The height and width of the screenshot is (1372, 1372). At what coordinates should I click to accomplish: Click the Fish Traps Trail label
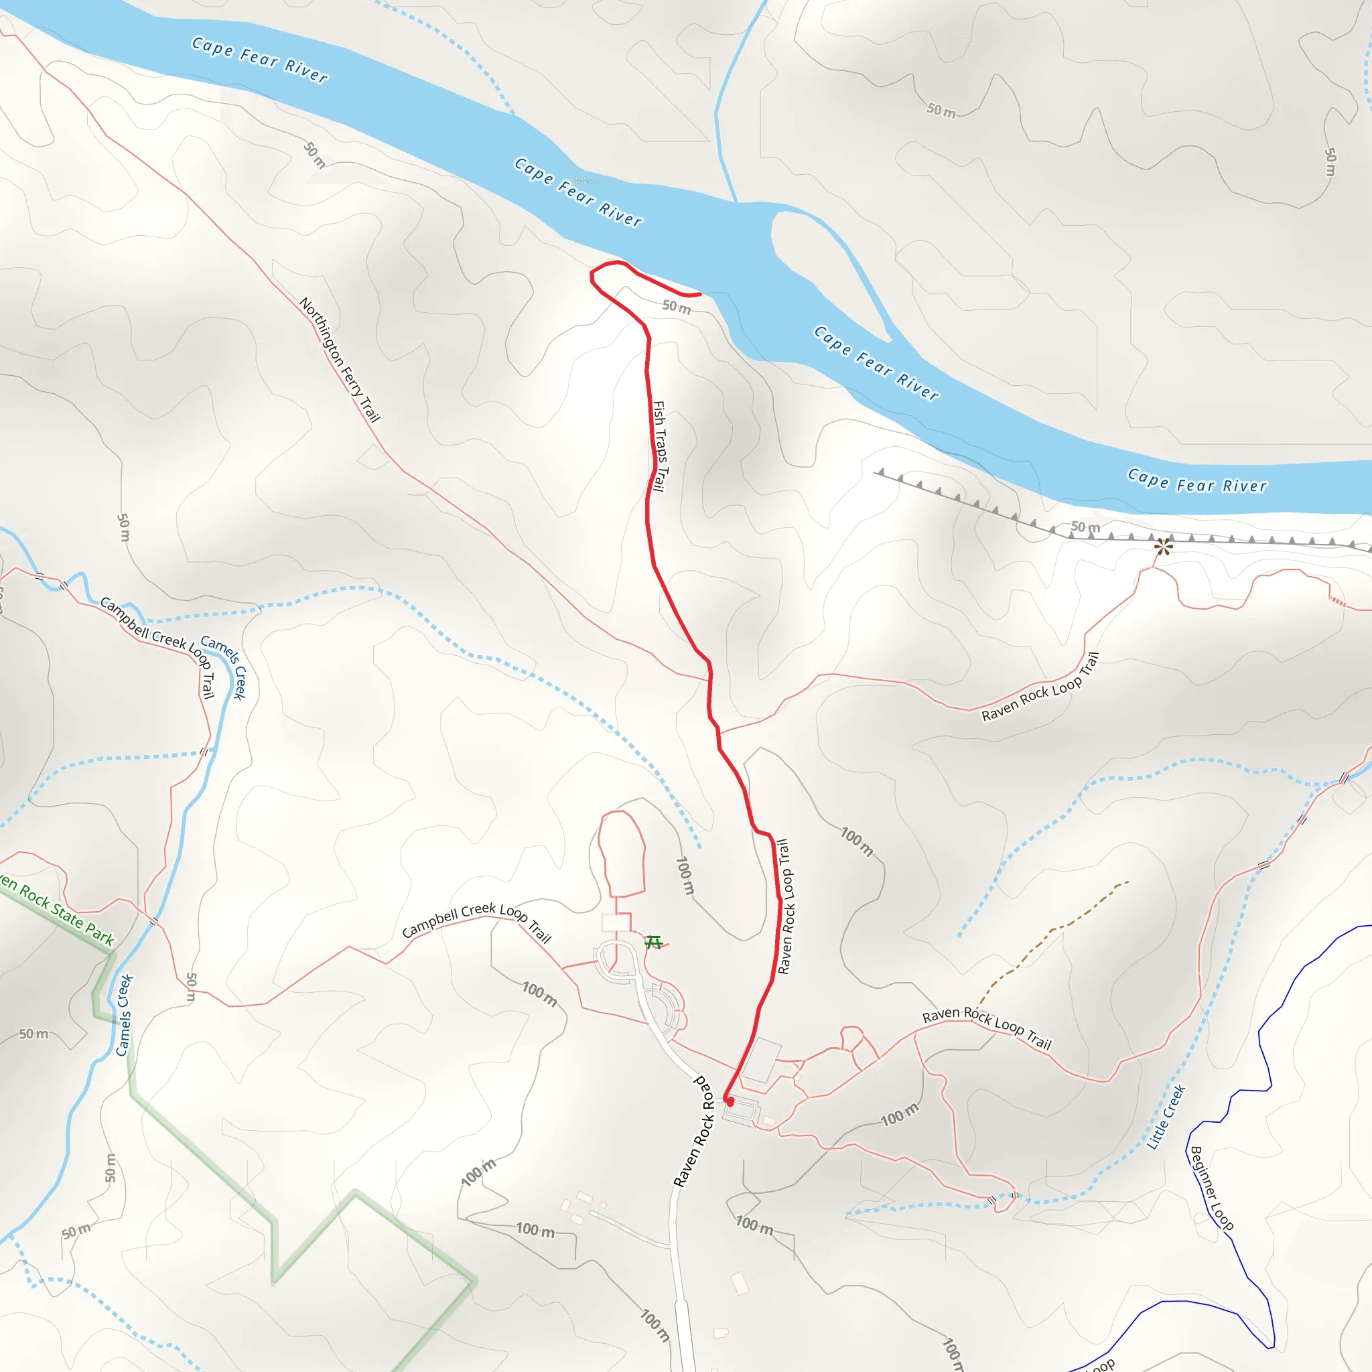(x=660, y=446)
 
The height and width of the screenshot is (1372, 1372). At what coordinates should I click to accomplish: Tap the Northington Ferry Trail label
(x=340, y=359)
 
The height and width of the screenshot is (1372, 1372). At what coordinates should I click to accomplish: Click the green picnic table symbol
(x=653, y=943)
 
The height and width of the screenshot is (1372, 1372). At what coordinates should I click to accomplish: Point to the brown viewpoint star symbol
(x=1163, y=546)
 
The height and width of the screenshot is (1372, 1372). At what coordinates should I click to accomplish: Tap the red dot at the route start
(x=730, y=1101)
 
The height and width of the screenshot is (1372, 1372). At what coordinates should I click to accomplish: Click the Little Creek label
(x=1166, y=1117)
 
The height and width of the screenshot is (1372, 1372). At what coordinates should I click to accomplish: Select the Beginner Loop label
(x=1211, y=1188)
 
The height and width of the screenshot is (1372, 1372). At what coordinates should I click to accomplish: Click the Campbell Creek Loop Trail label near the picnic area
(x=476, y=922)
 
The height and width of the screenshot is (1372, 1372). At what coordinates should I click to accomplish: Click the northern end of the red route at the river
(x=699, y=294)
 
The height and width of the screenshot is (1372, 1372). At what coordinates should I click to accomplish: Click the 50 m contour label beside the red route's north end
(x=676, y=307)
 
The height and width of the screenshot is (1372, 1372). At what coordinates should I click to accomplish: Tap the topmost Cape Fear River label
(x=260, y=59)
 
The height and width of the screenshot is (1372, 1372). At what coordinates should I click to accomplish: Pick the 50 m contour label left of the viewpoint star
(x=1085, y=527)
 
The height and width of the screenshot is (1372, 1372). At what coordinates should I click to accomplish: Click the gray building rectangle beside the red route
(x=762, y=1060)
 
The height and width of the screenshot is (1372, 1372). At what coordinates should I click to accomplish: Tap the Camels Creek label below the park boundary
(x=125, y=1016)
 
